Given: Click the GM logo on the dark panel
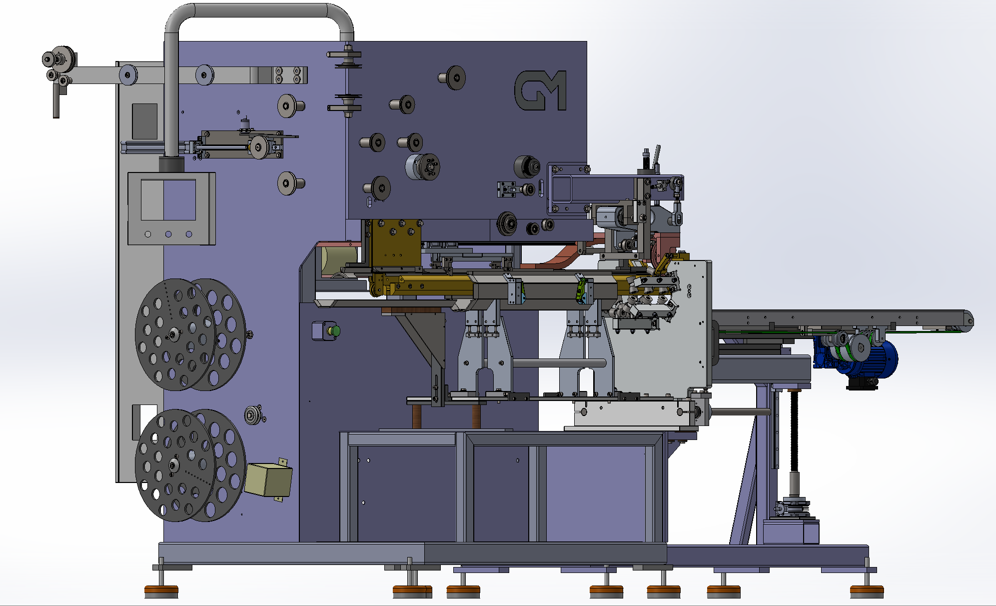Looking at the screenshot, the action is pyautogui.click(x=540, y=90).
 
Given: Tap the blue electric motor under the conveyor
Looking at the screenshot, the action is pyautogui.click(x=867, y=358).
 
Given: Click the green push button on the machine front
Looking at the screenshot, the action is pyautogui.click(x=336, y=330).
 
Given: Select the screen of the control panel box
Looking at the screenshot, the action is pyautogui.click(x=168, y=200).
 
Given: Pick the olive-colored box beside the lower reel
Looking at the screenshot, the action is pyautogui.click(x=268, y=479).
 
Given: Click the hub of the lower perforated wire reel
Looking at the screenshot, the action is pyautogui.click(x=173, y=465).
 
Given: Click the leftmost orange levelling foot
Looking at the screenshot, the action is pyautogui.click(x=161, y=591).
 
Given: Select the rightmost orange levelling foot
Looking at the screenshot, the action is pyautogui.click(x=867, y=591).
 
